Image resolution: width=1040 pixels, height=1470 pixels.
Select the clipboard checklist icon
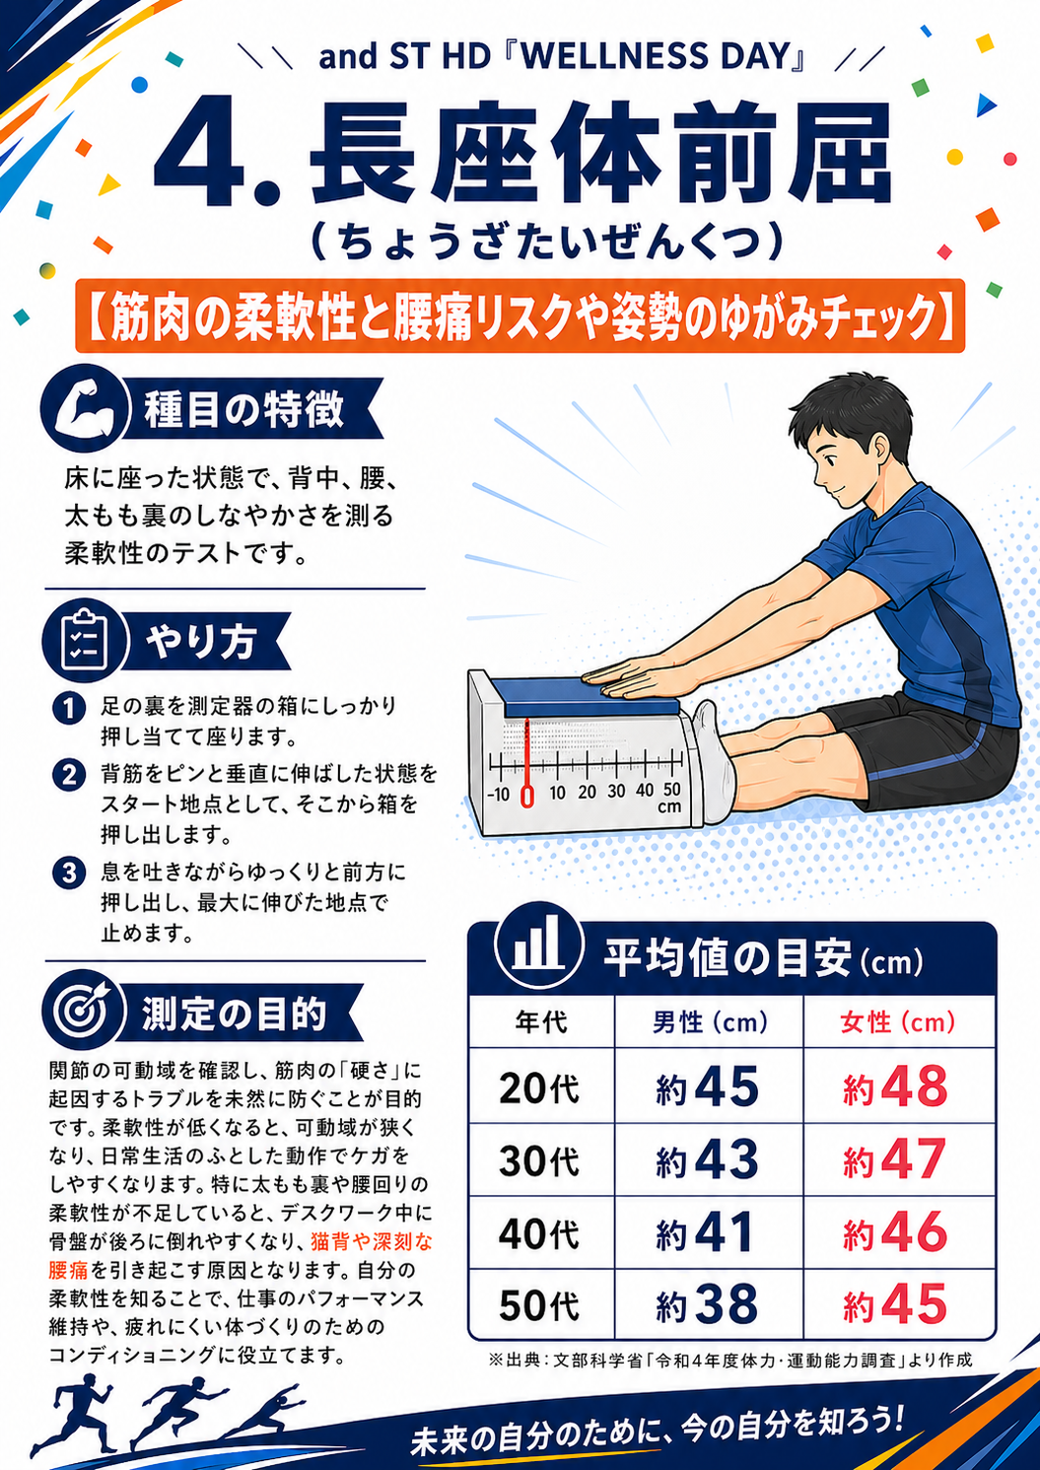(x=85, y=640)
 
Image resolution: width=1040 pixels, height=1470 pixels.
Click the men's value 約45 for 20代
(x=708, y=1087)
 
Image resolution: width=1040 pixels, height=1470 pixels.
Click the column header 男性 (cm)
(x=710, y=1022)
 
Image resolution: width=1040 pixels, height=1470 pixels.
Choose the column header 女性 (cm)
(x=898, y=1022)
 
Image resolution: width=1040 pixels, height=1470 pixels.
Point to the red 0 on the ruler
(x=526, y=795)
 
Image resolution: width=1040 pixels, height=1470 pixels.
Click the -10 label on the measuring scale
(x=499, y=795)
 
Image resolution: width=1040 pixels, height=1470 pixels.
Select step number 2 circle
(x=69, y=775)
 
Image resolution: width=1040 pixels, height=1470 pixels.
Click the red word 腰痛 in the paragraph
(x=68, y=1270)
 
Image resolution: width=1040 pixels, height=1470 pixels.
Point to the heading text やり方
(x=201, y=641)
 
